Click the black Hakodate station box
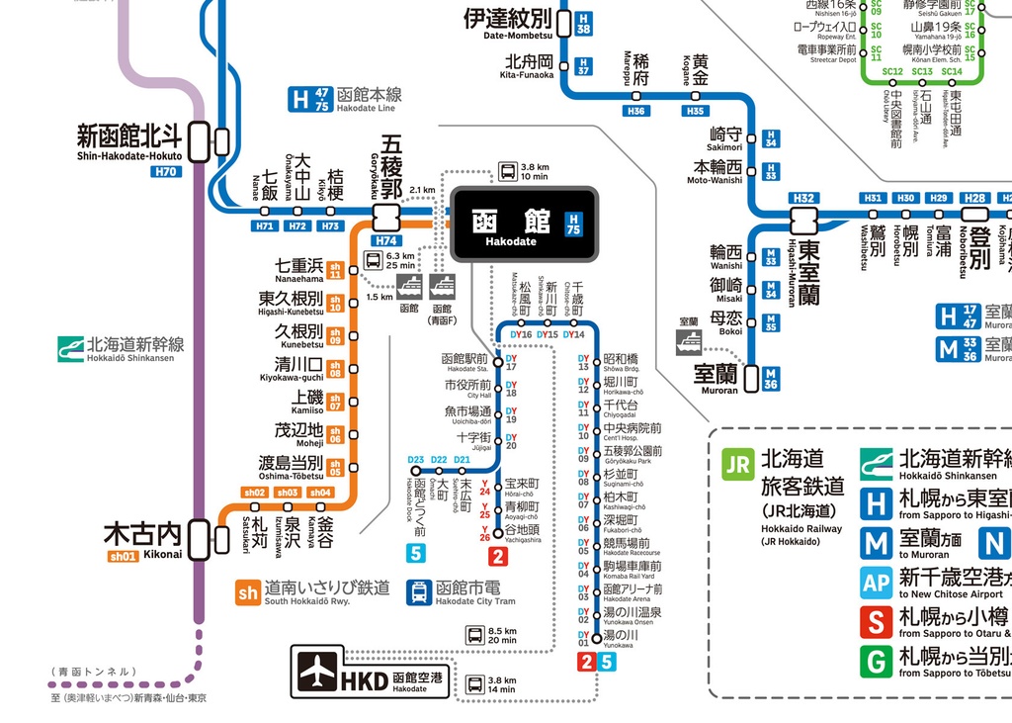524,225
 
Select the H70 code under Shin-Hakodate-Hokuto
166,172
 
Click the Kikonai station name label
143,534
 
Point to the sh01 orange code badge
123,556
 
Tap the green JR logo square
737,463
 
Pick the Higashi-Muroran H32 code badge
803,198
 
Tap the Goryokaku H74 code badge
385,240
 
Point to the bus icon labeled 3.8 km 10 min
507,170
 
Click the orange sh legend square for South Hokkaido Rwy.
248,591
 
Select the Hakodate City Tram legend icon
419,591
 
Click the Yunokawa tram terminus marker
596,638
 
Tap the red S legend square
876,623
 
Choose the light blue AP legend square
876,583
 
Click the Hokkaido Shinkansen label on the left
135,349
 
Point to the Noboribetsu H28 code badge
975,198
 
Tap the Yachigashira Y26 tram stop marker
497,530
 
